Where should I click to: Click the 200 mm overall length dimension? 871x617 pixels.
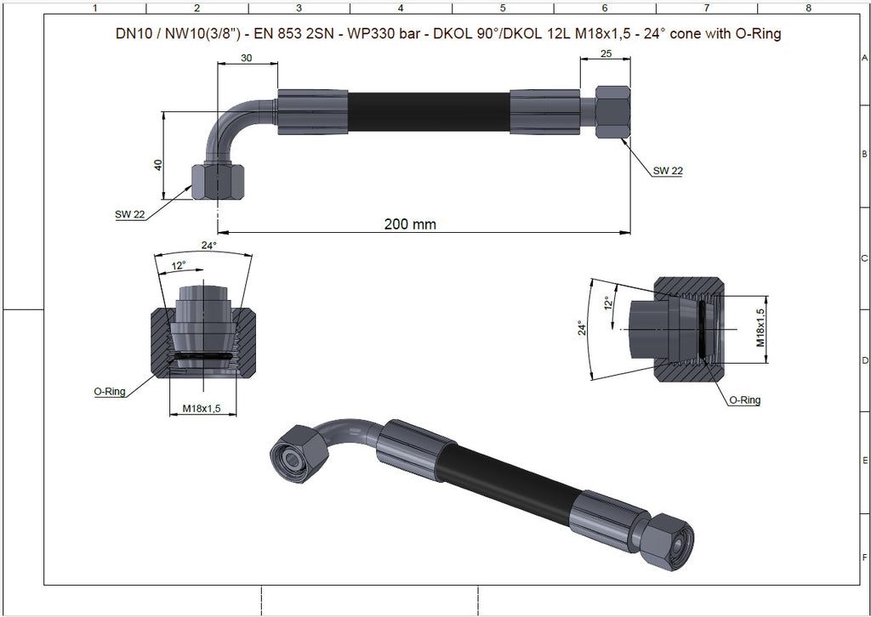[x=410, y=224]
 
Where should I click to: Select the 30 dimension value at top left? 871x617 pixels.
[x=247, y=58]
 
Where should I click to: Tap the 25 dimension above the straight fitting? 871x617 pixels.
[x=606, y=54]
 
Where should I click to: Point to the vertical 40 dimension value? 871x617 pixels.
[x=158, y=165]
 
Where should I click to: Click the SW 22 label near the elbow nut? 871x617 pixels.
[x=130, y=214]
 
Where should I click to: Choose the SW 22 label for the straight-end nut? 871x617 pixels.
[x=668, y=171]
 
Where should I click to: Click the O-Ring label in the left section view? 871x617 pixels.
[x=110, y=391]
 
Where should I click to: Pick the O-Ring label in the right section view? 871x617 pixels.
[x=744, y=399]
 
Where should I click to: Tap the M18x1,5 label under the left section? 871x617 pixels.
[x=202, y=409]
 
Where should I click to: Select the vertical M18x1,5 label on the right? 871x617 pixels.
[x=761, y=328]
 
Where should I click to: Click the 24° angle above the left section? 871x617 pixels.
[x=209, y=245]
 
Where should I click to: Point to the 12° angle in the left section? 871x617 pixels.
[x=179, y=266]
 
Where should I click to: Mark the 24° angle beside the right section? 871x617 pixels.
[x=582, y=328]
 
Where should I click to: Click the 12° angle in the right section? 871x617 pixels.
[x=607, y=303]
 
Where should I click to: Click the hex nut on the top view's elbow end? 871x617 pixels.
[x=218, y=181]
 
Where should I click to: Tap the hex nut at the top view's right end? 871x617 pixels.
[x=612, y=111]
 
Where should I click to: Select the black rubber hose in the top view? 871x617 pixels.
[x=429, y=112]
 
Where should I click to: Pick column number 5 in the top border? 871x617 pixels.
[x=503, y=8]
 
